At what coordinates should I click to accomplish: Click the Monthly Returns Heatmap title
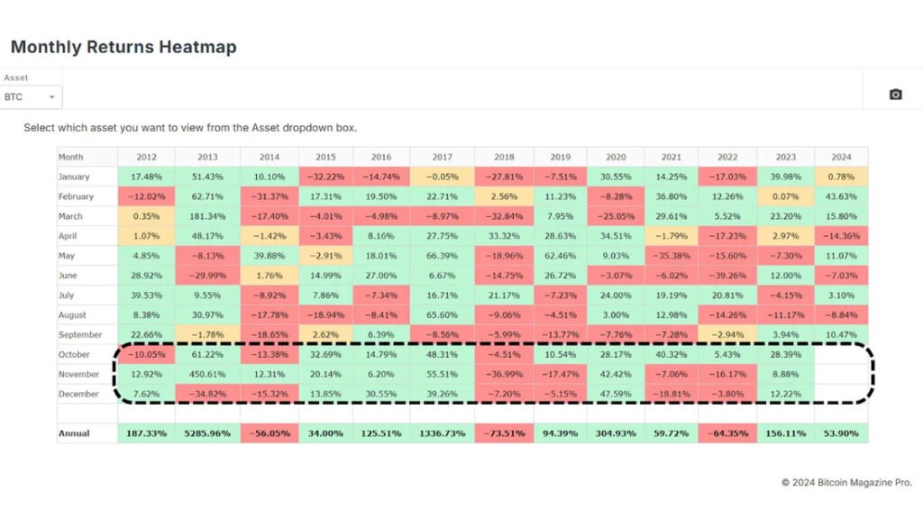point(123,47)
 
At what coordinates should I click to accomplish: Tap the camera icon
point(895,95)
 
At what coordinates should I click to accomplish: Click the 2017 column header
point(442,157)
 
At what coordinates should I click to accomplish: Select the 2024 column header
point(841,157)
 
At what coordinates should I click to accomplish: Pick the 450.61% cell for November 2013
point(206,374)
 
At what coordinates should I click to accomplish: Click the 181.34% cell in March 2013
point(206,216)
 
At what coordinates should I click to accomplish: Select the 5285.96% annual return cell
point(206,433)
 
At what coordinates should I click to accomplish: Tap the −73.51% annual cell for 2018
point(503,433)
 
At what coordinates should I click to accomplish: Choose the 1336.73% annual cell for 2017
point(442,433)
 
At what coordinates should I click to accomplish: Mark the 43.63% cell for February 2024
point(841,196)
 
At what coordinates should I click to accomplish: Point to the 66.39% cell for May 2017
point(442,256)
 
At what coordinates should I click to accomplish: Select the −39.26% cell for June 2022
point(727,276)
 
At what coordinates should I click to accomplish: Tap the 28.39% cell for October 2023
point(786,354)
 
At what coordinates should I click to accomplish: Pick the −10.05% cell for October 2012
point(146,354)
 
